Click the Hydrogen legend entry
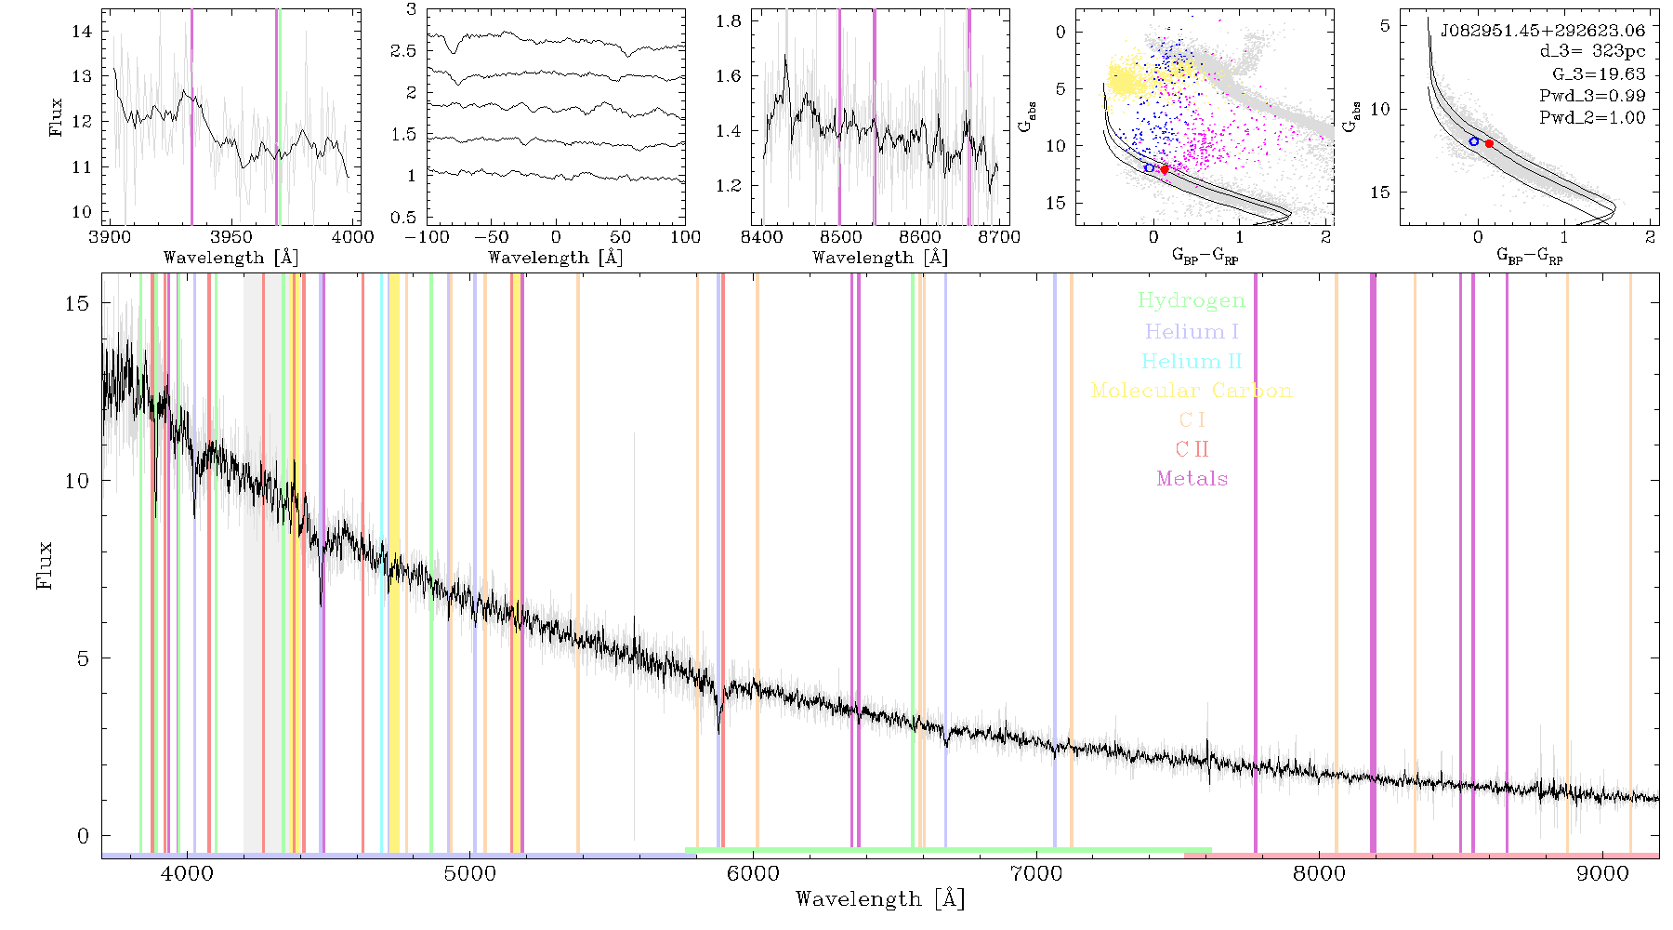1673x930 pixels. pos(1191,300)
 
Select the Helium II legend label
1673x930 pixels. pos(1192,361)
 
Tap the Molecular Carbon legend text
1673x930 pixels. pos(1192,391)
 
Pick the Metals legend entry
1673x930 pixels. pos(1192,479)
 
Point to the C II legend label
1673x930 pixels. pos(1192,449)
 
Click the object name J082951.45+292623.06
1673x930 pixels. pos(1543,31)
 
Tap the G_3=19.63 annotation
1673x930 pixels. pos(1599,73)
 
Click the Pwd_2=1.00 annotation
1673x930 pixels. pos(1592,117)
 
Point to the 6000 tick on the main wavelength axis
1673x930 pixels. pos(753,874)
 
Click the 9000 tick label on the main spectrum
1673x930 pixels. pos(1602,874)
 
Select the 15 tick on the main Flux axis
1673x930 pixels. pos(79,303)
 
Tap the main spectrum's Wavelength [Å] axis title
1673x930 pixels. pos(880,899)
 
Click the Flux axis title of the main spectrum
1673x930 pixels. pos(44,565)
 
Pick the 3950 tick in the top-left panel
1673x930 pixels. pos(231,237)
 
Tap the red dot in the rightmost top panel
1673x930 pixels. pos(1489,143)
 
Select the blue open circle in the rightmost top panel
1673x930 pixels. pos(1474,141)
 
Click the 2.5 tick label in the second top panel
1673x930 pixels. pos(404,50)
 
